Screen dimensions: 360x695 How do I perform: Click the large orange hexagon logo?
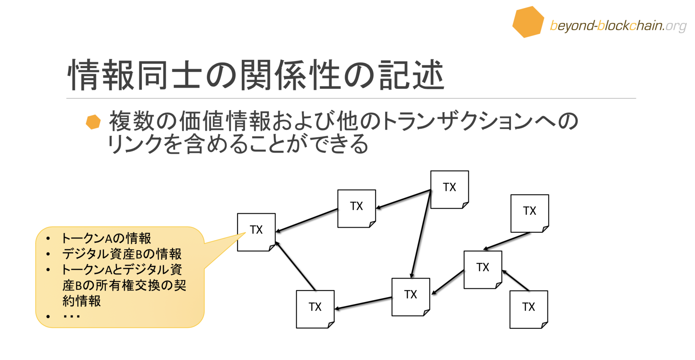(x=528, y=22)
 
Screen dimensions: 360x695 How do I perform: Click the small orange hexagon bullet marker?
(x=93, y=122)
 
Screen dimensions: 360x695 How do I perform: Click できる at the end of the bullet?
(x=340, y=144)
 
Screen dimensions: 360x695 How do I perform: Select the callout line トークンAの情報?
(x=106, y=238)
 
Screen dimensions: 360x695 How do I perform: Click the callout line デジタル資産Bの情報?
(x=121, y=254)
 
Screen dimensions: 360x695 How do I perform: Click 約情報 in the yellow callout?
(x=82, y=301)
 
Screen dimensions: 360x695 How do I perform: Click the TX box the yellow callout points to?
(x=256, y=232)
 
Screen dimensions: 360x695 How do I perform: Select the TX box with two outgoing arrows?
(x=449, y=189)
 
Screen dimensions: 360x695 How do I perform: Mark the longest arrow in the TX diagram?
(x=421, y=233)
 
